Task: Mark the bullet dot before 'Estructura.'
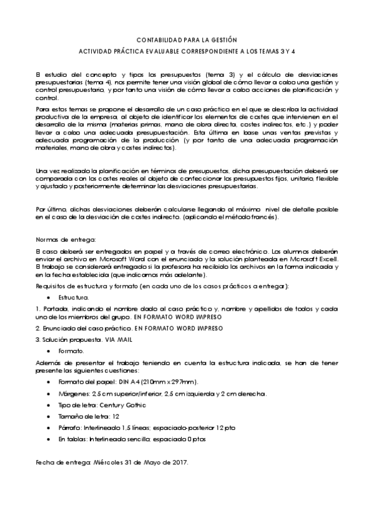click(x=48, y=297)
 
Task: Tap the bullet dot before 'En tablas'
click(x=48, y=439)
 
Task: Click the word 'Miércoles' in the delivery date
click(x=109, y=462)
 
